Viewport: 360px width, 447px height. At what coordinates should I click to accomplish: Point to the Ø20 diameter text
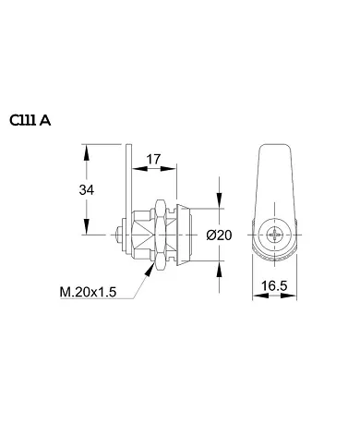coord(220,236)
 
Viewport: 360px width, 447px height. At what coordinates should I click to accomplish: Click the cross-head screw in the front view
coord(276,235)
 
